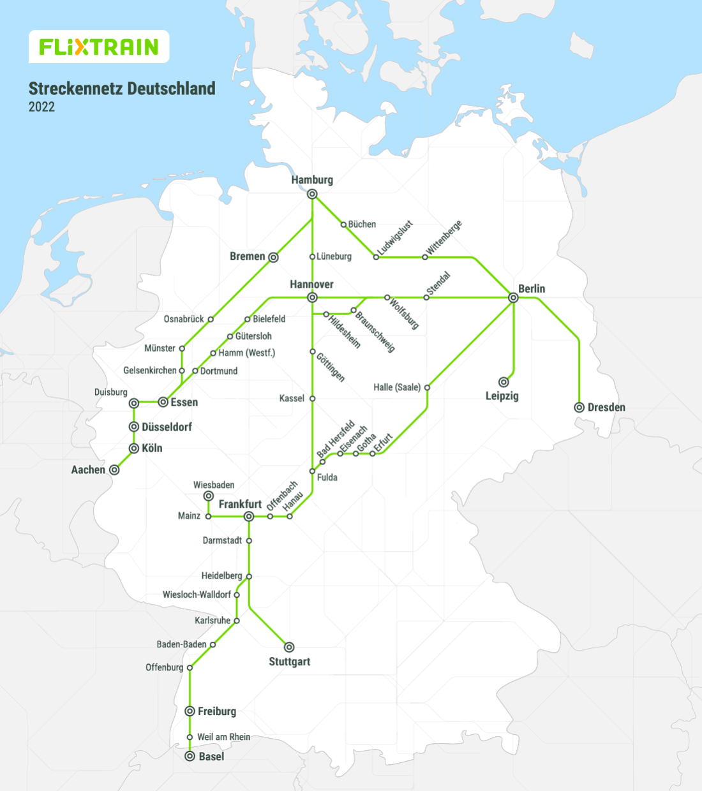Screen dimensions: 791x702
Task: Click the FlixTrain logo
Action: [x=99, y=47]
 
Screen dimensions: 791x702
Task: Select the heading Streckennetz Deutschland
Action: [x=122, y=89]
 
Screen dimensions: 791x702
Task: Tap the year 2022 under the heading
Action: [x=41, y=107]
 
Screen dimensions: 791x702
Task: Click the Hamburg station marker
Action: [x=312, y=194]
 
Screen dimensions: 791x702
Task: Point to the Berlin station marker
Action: [x=513, y=297]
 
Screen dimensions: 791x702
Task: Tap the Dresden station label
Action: [x=606, y=408]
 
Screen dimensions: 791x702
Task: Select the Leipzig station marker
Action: [x=504, y=382]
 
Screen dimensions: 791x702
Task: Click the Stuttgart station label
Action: [x=289, y=662]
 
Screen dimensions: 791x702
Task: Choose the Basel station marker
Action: [x=190, y=756]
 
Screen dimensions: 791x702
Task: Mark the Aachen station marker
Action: [x=114, y=469]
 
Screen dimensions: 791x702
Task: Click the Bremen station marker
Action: [x=273, y=257]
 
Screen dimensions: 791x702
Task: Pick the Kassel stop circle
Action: [x=312, y=398]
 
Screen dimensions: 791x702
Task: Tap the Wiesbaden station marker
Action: [x=208, y=496]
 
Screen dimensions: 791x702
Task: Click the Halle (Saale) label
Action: [x=397, y=387]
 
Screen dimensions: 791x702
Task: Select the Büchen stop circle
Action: [x=343, y=225]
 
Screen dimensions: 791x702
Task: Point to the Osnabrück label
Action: [x=184, y=319]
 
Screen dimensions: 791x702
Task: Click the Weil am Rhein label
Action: [x=223, y=737]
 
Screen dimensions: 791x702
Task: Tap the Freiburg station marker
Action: [x=190, y=711]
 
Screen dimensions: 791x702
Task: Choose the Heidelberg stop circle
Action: [x=249, y=576]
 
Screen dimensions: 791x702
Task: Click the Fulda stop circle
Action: [x=312, y=471]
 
